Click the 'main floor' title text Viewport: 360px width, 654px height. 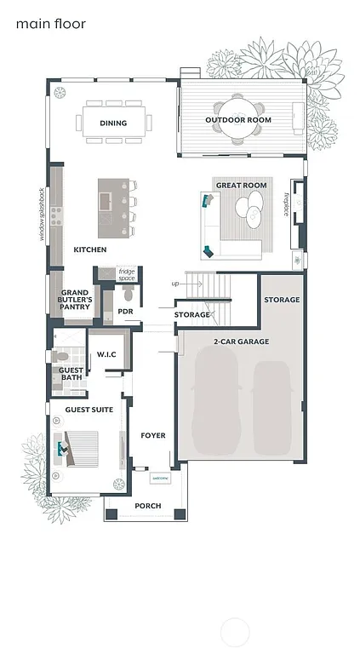pyautogui.click(x=50, y=25)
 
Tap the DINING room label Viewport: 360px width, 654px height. pyautogui.click(x=113, y=123)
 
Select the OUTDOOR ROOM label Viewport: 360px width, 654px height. pyautogui.click(x=238, y=120)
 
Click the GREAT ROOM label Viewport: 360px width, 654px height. pyautogui.click(x=241, y=185)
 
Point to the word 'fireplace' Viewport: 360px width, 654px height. pyautogui.click(x=286, y=205)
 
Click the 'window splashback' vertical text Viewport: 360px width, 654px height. pyautogui.click(x=42, y=215)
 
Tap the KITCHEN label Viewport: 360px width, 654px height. pyautogui.click(x=89, y=250)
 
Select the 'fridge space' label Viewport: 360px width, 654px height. pyautogui.click(x=127, y=275)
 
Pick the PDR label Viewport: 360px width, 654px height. pyautogui.click(x=125, y=312)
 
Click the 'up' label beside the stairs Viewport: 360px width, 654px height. pyautogui.click(x=175, y=284)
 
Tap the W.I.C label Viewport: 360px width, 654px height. pyautogui.click(x=106, y=353)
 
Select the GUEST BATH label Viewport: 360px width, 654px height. pyautogui.click(x=71, y=374)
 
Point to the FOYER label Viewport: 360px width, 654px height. pyautogui.click(x=152, y=435)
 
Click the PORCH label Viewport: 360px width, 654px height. pyautogui.click(x=147, y=506)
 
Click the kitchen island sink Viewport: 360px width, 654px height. pyautogui.click(x=105, y=201)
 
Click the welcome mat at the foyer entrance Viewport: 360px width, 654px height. pyautogui.click(x=160, y=479)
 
